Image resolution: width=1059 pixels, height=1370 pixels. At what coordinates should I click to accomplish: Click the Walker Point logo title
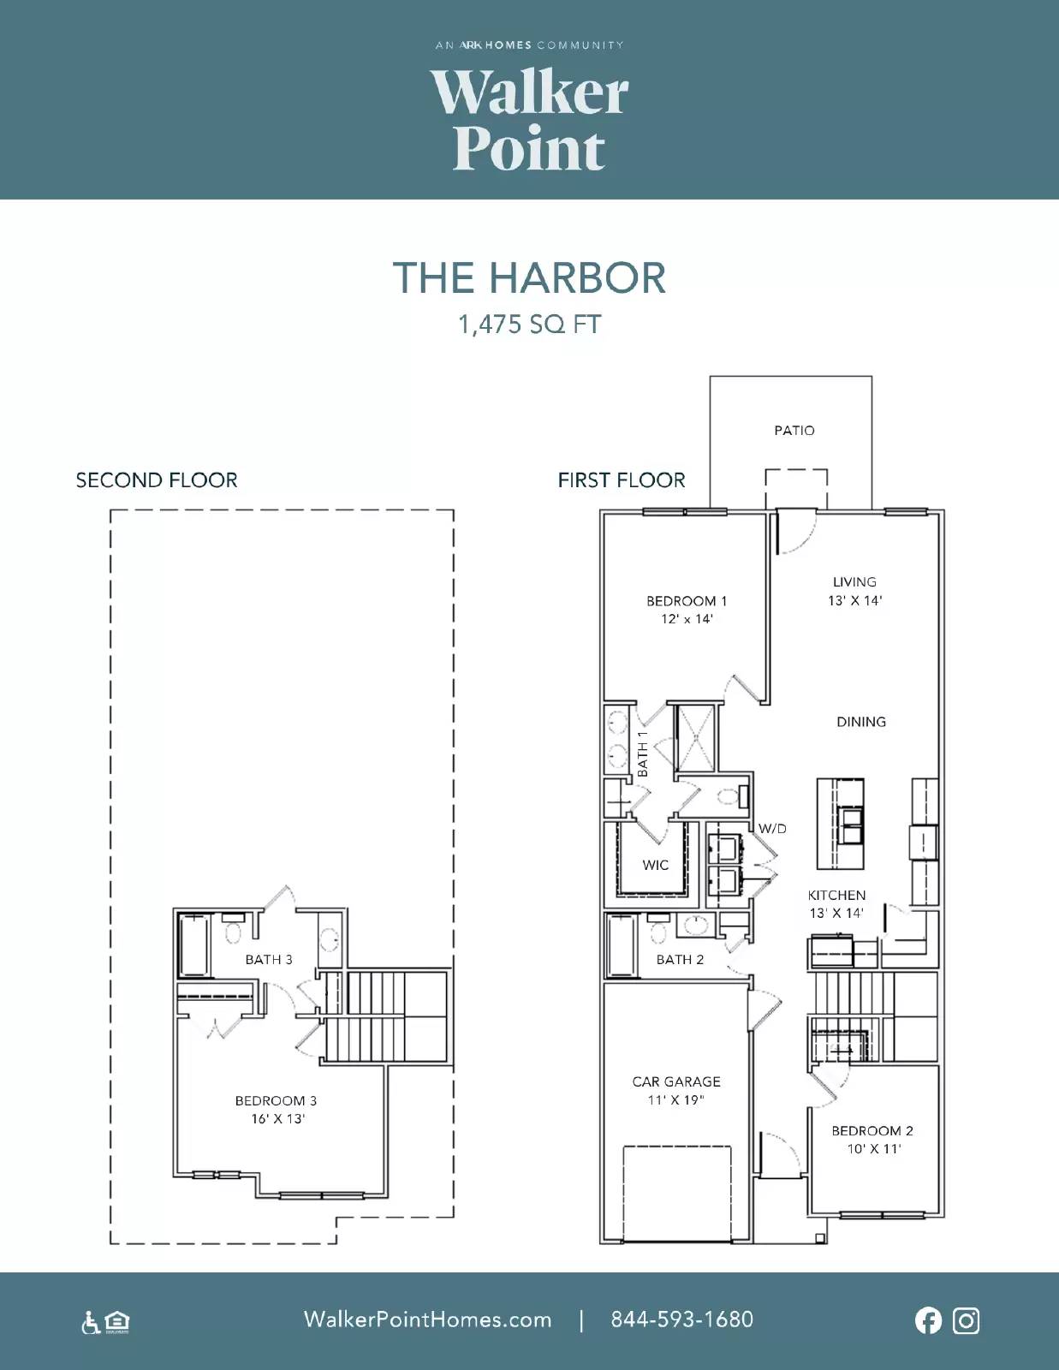click(x=529, y=120)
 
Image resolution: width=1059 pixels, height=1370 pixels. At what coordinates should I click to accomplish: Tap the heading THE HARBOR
click(x=529, y=278)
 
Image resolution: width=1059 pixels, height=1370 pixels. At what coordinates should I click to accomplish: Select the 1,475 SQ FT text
click(x=529, y=325)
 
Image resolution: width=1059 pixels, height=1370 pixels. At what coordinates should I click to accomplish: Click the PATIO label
click(x=794, y=431)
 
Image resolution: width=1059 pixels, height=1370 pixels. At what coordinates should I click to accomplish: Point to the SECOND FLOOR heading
click(x=157, y=480)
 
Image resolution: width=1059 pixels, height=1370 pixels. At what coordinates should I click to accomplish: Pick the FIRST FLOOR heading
click(x=622, y=480)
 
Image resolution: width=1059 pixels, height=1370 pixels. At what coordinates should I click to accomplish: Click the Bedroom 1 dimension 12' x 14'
click(x=687, y=619)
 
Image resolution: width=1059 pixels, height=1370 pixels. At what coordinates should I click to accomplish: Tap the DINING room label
click(x=861, y=722)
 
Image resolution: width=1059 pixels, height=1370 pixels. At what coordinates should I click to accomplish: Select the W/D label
click(x=772, y=829)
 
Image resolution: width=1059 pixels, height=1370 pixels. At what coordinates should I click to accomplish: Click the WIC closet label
click(x=656, y=865)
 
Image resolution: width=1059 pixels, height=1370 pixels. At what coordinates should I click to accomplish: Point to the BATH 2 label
click(x=680, y=960)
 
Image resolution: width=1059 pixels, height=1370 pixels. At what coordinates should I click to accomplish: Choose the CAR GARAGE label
click(x=676, y=1082)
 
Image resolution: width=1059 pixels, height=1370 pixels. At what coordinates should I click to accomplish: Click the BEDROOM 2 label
click(x=872, y=1131)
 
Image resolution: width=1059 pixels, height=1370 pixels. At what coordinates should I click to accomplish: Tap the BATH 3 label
click(x=269, y=960)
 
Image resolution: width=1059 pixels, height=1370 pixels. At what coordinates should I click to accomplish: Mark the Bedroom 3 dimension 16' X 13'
click(x=278, y=1119)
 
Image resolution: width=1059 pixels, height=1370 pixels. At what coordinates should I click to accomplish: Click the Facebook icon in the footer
click(x=929, y=1321)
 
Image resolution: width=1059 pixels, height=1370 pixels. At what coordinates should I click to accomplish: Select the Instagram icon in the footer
click(x=966, y=1321)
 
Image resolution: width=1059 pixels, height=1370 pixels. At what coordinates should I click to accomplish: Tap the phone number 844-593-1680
click(x=682, y=1319)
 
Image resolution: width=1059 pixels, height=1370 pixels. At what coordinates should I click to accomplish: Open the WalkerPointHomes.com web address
click(x=427, y=1319)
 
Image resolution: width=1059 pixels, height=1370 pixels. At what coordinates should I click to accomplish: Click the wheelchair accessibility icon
click(x=91, y=1322)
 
